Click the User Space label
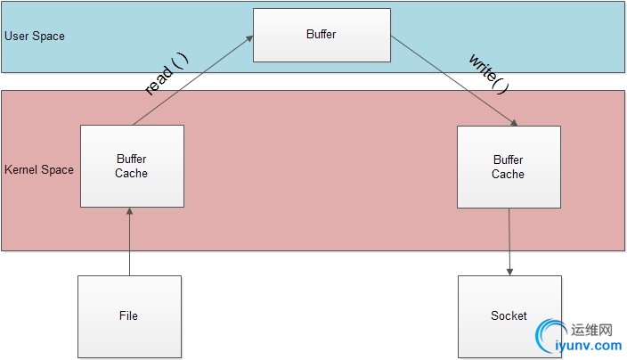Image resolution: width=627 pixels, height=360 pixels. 35,37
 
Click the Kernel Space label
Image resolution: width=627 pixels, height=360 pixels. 39,169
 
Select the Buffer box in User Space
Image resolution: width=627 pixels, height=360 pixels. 322,35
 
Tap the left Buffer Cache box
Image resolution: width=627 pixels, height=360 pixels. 132,166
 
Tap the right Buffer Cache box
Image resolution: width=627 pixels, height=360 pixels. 509,166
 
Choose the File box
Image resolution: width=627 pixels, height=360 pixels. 129,315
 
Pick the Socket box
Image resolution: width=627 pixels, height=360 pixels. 509,315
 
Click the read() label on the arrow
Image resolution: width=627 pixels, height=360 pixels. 166,74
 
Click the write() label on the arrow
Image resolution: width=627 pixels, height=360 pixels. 489,74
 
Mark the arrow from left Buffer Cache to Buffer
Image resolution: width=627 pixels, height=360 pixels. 191,81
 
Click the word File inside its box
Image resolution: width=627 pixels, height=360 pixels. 129,315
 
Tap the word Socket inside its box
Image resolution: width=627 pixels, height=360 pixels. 509,315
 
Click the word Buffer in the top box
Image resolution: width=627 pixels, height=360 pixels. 322,35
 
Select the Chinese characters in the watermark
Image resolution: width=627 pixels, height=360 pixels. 596,327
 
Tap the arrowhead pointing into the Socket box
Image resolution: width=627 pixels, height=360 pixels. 509,271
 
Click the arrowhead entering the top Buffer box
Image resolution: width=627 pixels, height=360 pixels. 249,39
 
